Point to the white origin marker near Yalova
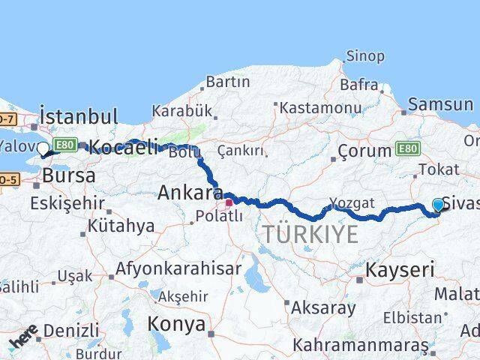click(x=43, y=148)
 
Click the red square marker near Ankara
click(x=229, y=202)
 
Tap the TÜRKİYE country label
click(x=310, y=235)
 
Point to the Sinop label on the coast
click(x=365, y=56)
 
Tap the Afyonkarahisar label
click(x=178, y=268)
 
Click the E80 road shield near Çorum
click(x=408, y=148)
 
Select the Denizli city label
click(x=71, y=330)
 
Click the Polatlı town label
click(x=218, y=217)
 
